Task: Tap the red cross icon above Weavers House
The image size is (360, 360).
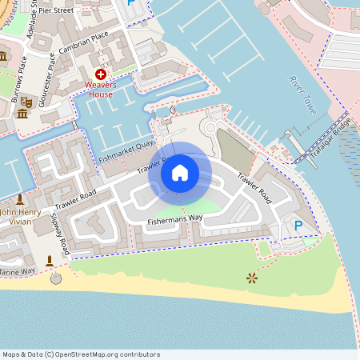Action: pyautogui.click(x=100, y=74)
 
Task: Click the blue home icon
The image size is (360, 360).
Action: pyautogui.click(x=179, y=173)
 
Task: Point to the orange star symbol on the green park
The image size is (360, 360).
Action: pyautogui.click(x=252, y=278)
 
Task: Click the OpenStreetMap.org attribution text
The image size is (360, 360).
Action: pyautogui.click(x=102, y=354)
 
